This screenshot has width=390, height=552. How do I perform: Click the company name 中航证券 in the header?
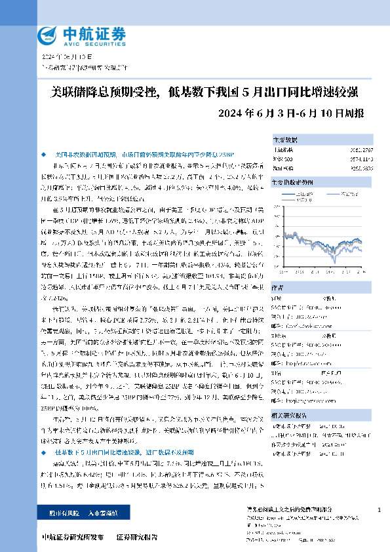pos(92,32)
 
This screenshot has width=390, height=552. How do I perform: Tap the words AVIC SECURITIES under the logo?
pos(92,43)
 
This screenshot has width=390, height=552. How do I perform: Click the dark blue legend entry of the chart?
pos(306,194)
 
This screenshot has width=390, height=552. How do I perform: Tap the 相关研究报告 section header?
pos(289,414)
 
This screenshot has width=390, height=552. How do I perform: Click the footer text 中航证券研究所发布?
pos(73,536)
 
